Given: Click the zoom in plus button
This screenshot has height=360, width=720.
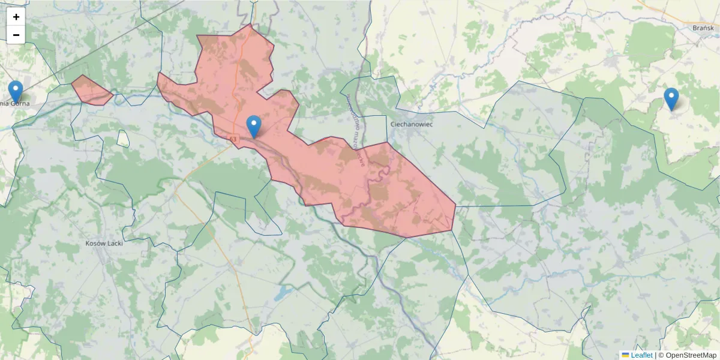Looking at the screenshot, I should (x=16, y=17).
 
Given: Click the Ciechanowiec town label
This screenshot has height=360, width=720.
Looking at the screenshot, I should (x=412, y=124).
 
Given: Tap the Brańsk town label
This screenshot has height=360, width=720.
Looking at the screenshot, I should (x=703, y=28).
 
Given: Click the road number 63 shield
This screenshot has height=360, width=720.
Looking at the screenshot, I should (x=233, y=139).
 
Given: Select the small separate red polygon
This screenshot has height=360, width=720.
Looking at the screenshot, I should (x=91, y=91).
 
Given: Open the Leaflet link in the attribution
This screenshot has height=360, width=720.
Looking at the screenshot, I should (x=641, y=355).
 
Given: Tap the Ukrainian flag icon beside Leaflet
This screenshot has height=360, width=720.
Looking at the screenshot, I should (x=625, y=355).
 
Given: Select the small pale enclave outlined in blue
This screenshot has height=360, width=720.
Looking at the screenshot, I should (x=123, y=138).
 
